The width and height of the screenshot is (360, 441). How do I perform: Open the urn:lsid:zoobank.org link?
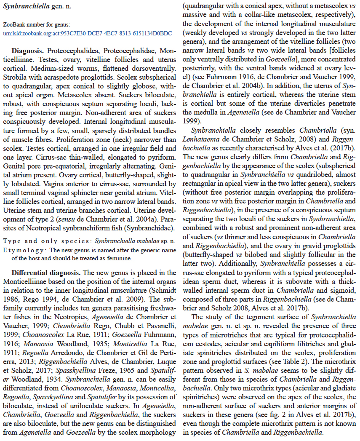[87, 33]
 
